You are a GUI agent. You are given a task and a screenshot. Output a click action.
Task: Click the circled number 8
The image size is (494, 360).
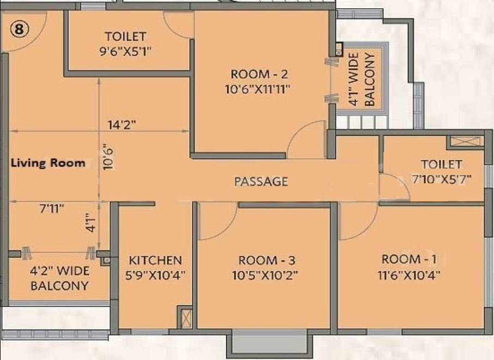coord(19,30)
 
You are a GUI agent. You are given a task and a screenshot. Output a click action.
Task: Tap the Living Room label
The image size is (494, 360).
coord(49,163)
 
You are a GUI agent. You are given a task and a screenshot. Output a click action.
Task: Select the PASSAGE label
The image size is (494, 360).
coord(261,182)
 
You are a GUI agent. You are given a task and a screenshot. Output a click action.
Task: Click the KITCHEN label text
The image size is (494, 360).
coord(155,260)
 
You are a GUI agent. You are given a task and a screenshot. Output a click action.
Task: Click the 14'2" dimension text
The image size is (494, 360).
coord(122,124)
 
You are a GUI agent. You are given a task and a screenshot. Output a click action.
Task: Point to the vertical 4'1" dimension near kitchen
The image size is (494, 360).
coord(93,223)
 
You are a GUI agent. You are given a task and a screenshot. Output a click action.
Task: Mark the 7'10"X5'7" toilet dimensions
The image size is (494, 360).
coord(442,178)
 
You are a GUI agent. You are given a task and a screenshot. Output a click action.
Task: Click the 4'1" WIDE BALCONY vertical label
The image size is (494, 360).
coord(362,80)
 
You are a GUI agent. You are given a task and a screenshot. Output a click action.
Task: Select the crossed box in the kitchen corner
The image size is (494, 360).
coord(185,317)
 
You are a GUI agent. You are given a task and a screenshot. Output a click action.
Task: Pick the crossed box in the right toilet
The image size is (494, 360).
coord(465,142)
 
